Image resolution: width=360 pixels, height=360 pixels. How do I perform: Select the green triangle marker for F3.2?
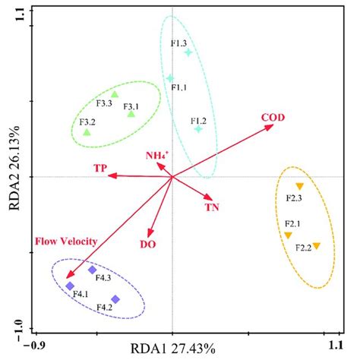(87, 132)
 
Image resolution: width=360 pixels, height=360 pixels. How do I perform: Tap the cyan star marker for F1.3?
(188, 52)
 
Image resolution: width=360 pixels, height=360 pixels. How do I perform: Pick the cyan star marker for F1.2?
(198, 129)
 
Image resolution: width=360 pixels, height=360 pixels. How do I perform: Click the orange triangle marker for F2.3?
(299, 186)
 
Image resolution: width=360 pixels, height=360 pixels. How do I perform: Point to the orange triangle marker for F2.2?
(317, 245)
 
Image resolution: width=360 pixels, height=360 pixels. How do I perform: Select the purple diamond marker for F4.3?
(93, 270)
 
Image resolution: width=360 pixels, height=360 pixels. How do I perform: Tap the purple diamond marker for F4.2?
(115, 299)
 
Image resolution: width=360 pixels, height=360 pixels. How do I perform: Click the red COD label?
(273, 118)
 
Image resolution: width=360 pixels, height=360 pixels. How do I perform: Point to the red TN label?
(211, 206)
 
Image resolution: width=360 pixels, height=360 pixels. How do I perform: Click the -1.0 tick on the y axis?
(17, 328)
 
